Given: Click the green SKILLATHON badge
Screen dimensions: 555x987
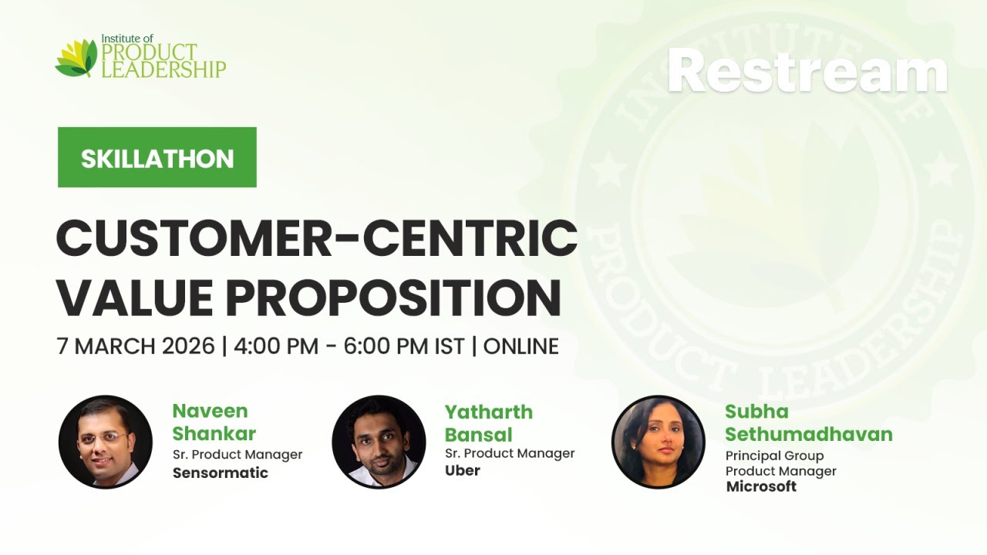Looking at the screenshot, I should tap(157, 157).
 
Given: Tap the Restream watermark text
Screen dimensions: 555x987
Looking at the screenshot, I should tap(807, 71).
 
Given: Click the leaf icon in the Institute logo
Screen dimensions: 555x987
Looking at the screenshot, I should tap(76, 59).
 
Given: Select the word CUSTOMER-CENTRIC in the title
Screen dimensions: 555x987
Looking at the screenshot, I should tap(316, 240).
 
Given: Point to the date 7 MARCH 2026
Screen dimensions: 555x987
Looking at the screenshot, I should tap(136, 346).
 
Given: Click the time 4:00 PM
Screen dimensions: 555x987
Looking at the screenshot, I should tap(275, 346).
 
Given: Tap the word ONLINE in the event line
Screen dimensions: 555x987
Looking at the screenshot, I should tap(520, 346).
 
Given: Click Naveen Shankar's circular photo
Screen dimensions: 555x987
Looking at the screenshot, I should tap(106, 442).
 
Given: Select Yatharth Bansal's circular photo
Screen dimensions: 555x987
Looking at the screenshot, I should tap(379, 442).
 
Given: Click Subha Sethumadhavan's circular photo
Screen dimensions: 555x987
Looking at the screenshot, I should tap(658, 442).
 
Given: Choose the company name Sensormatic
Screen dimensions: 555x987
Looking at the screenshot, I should tap(221, 473).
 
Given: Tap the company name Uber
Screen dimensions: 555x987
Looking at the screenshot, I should tap(463, 470).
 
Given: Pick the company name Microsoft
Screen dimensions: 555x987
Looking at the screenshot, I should tap(761, 486).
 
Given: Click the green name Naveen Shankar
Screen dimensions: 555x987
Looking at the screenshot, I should tap(214, 422).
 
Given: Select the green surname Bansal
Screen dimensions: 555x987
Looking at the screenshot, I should tap(478, 434).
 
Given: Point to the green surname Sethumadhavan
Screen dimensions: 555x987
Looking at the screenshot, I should tap(808, 434).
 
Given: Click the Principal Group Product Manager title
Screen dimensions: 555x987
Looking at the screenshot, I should tap(780, 463).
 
